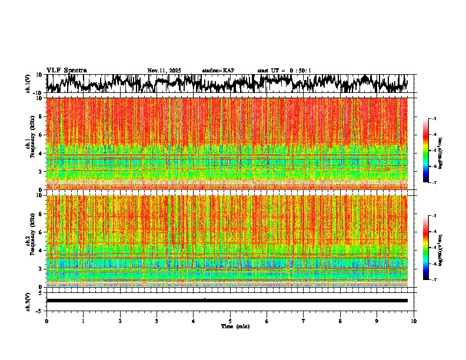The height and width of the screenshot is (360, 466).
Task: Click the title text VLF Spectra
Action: [66, 70]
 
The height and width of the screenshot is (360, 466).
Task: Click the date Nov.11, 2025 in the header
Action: [164, 71]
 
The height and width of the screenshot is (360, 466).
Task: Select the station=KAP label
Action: [218, 71]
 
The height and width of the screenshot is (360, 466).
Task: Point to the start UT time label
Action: [284, 71]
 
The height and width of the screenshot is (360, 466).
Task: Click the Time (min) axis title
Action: [235, 326]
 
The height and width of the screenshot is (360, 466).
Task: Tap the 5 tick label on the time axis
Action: [230, 321]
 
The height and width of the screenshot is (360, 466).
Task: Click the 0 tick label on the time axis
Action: [46, 321]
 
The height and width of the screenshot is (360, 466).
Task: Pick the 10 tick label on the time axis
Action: [414, 321]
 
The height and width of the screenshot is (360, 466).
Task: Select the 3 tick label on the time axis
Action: [157, 321]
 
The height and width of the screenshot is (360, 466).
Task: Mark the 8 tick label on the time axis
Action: [340, 321]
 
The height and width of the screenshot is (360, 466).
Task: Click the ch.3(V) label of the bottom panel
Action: [28, 301]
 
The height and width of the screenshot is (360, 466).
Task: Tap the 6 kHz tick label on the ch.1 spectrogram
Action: [41, 135]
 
